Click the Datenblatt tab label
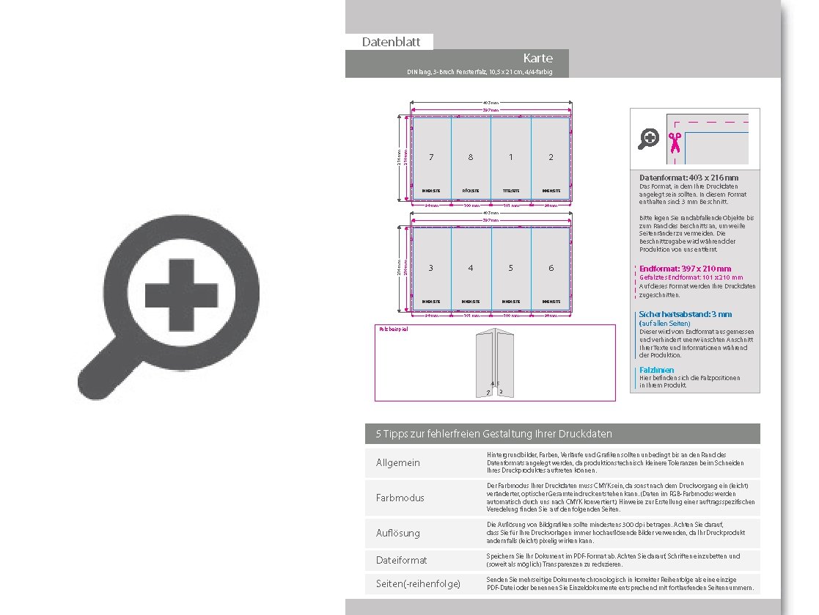391,42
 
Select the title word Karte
537,58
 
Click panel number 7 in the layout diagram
431,157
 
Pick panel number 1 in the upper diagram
511,157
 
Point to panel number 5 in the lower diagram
511,268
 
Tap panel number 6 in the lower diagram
551,268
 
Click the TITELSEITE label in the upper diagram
511,191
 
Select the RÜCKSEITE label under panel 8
471,191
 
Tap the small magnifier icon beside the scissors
649,139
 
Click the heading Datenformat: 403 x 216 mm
688,178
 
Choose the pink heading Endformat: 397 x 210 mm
685,269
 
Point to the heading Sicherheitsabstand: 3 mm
685,314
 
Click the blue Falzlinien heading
656,370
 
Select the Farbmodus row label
400,498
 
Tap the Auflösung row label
397,533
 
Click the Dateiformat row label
401,560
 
